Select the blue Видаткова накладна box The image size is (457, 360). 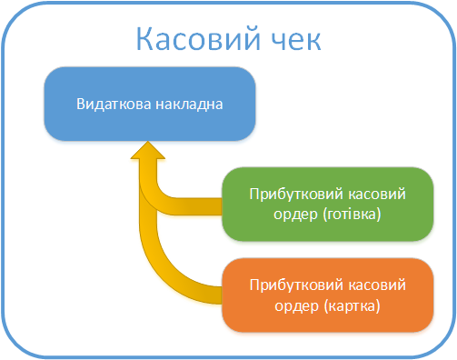coord(149,104)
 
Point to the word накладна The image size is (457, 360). coord(186,104)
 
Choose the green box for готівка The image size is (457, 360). coord(326,205)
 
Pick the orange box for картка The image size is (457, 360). coord(326,295)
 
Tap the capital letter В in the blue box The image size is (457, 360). coord(83,104)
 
